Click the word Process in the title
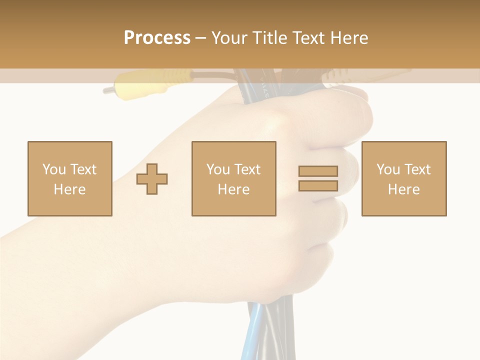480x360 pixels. [x=157, y=37]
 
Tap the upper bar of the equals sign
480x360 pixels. [x=318, y=171]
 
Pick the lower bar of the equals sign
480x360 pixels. [x=318, y=185]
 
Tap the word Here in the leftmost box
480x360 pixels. [x=69, y=189]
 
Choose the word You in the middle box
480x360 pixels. [x=218, y=169]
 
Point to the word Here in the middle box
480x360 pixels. [x=233, y=189]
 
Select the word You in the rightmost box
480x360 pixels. [x=388, y=169]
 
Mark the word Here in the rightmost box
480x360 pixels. [x=403, y=189]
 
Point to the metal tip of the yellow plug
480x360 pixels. [x=107, y=90]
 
